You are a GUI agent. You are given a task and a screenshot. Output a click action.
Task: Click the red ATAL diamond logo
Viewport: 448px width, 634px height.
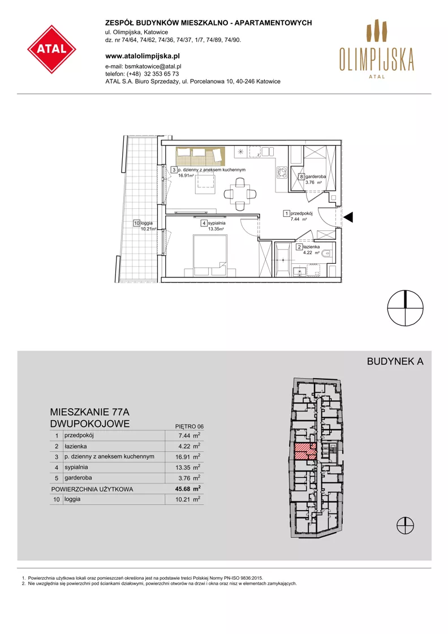(51, 49)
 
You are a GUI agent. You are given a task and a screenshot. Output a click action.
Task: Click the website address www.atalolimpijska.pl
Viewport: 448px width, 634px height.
(142, 56)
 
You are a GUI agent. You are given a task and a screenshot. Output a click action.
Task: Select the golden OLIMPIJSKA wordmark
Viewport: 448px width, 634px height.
(377, 59)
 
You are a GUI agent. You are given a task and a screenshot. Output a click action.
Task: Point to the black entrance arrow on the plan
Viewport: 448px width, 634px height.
(348, 217)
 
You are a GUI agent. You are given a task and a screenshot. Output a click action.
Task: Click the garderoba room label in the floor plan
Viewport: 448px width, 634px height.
(316, 177)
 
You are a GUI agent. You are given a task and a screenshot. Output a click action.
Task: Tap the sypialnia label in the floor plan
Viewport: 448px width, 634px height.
(217, 223)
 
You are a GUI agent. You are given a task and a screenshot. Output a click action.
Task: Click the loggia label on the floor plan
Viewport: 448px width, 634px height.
(147, 223)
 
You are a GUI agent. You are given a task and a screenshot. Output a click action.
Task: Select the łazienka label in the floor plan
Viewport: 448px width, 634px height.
(312, 247)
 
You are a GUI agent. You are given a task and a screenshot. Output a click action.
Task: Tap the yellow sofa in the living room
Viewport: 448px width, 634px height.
(200, 156)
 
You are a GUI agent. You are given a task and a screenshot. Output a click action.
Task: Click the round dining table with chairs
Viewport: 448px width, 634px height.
(239, 195)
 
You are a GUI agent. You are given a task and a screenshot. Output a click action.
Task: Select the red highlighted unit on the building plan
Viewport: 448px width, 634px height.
(305, 451)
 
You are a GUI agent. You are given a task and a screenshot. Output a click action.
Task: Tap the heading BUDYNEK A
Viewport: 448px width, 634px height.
(395, 362)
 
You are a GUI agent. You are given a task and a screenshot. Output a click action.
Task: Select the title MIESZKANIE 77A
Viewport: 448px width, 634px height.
(90, 413)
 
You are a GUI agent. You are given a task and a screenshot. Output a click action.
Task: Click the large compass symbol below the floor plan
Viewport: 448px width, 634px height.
(405, 308)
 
